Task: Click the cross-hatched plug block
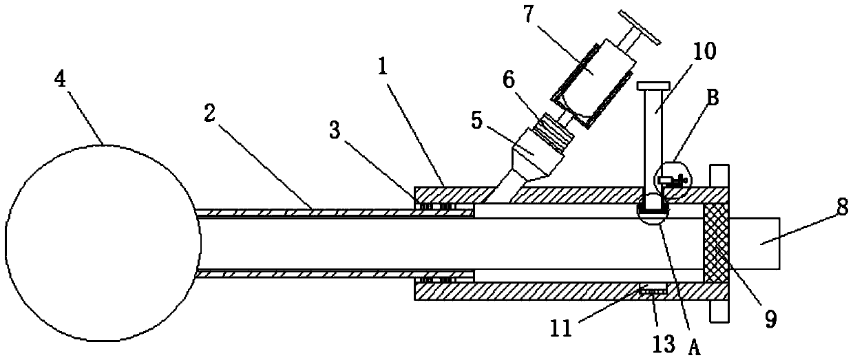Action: (715, 244)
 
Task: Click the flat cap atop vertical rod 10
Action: (653, 86)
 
